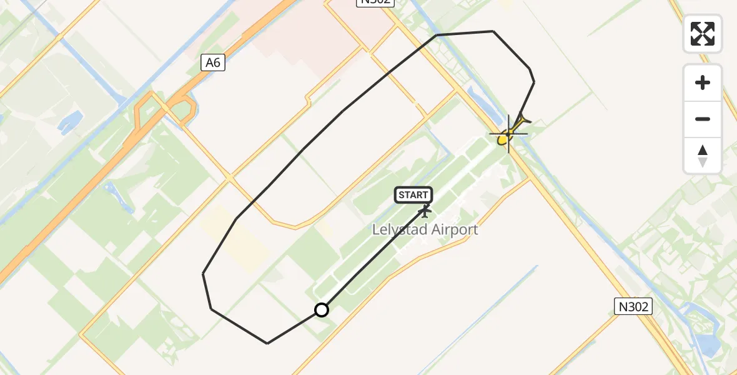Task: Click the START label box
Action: click(x=413, y=195)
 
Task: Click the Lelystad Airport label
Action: click(x=425, y=229)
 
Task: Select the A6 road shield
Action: click(x=213, y=62)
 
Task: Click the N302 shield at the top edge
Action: click(x=375, y=2)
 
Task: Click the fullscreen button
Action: click(x=703, y=34)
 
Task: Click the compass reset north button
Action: click(x=703, y=156)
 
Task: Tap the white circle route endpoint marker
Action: click(x=322, y=310)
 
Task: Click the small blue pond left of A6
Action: click(x=70, y=122)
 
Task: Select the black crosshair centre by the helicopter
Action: click(x=508, y=133)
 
